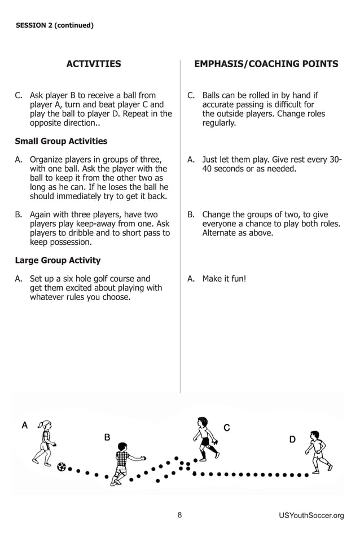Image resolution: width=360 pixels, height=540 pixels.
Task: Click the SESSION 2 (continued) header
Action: [54, 25]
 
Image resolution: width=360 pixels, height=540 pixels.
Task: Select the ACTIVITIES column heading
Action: [94, 64]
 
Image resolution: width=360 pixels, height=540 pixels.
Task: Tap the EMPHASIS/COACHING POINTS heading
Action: [266, 64]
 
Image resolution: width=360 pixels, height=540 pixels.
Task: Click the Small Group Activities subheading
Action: [61, 141]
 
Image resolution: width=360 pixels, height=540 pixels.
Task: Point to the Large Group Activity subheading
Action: [58, 260]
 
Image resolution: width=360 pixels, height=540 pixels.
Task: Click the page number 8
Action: [179, 515]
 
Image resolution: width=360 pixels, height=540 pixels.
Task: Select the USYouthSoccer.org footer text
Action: [311, 515]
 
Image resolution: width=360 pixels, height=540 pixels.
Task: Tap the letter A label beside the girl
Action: [24, 425]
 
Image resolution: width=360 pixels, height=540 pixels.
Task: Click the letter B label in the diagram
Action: [107, 437]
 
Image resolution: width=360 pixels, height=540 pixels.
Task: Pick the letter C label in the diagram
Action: [226, 428]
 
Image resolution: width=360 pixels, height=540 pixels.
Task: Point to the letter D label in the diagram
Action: [292, 439]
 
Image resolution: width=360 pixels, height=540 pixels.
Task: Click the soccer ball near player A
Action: [62, 467]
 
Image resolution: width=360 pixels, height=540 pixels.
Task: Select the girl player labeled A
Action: [45, 443]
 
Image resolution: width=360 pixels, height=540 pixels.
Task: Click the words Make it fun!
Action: [224, 279]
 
